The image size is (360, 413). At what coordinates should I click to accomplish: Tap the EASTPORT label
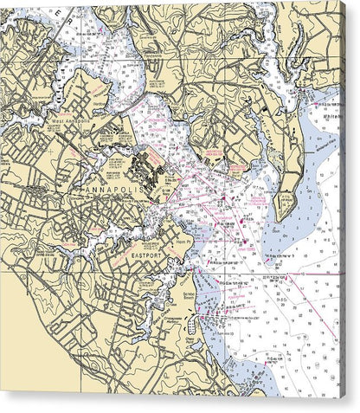tap(149, 256)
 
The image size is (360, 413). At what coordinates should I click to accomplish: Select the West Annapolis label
tap(69, 123)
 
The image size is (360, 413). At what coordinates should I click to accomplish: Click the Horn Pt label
tap(185, 245)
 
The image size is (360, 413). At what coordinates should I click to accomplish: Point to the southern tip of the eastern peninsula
tap(283, 216)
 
